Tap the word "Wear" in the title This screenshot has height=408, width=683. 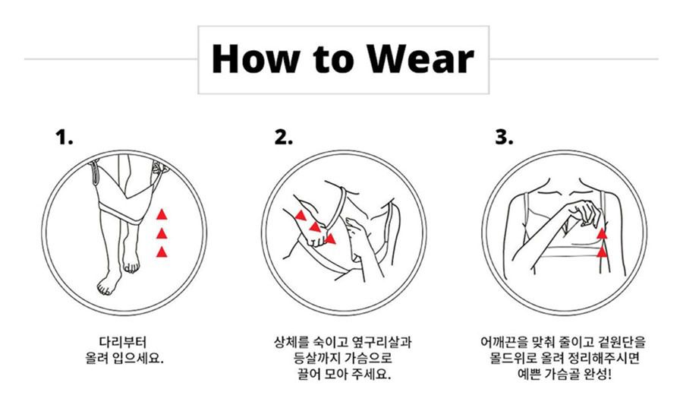[420, 59]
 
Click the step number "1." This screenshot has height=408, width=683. [64, 137]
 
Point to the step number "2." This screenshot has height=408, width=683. [283, 137]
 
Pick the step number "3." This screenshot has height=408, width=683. [504, 137]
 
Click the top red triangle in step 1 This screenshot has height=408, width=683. [162, 214]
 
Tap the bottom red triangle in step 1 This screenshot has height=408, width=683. [162, 252]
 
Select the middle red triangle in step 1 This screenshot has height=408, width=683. [162, 234]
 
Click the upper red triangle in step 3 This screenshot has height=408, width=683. [602, 234]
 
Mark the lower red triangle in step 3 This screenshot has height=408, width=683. [602, 252]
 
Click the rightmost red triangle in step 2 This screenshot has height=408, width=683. [331, 239]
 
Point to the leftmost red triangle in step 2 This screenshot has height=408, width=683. [301, 215]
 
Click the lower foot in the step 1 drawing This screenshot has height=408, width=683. [107, 283]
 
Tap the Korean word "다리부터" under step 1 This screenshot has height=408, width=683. [123, 341]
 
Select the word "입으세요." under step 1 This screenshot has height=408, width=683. [137, 359]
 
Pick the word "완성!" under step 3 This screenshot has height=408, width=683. [598, 374]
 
